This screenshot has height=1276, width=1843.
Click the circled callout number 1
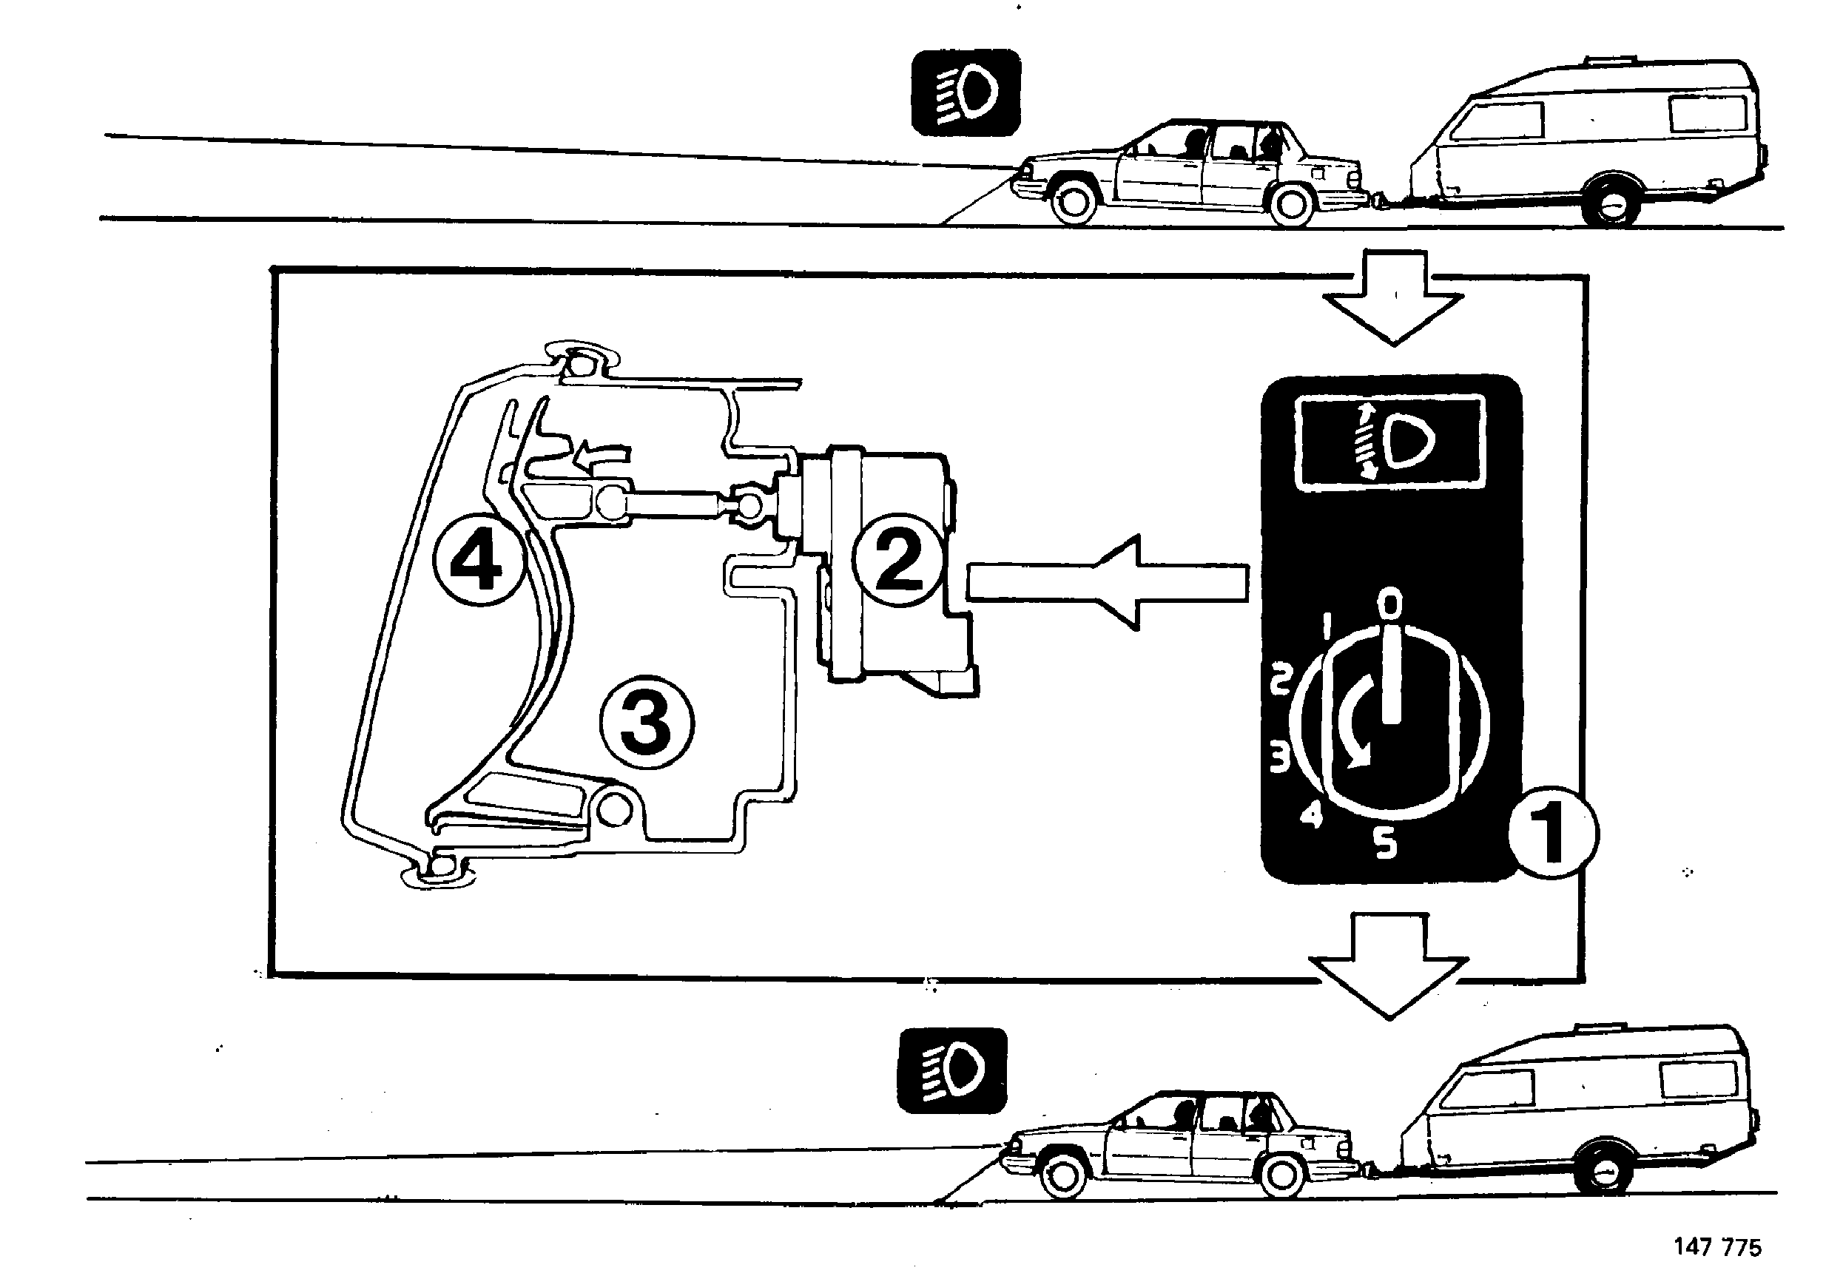click(x=1553, y=834)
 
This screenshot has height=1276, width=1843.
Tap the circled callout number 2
click(x=899, y=561)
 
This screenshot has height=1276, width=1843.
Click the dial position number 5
click(x=1387, y=843)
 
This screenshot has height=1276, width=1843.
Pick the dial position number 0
click(x=1391, y=603)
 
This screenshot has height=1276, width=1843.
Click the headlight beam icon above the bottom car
click(x=952, y=1070)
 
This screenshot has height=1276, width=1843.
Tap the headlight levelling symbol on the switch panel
click(x=1390, y=442)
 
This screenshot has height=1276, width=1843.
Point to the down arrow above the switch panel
click(x=1394, y=297)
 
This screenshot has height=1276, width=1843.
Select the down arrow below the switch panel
click(x=1389, y=967)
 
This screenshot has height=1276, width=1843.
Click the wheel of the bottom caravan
click(x=1604, y=1170)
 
